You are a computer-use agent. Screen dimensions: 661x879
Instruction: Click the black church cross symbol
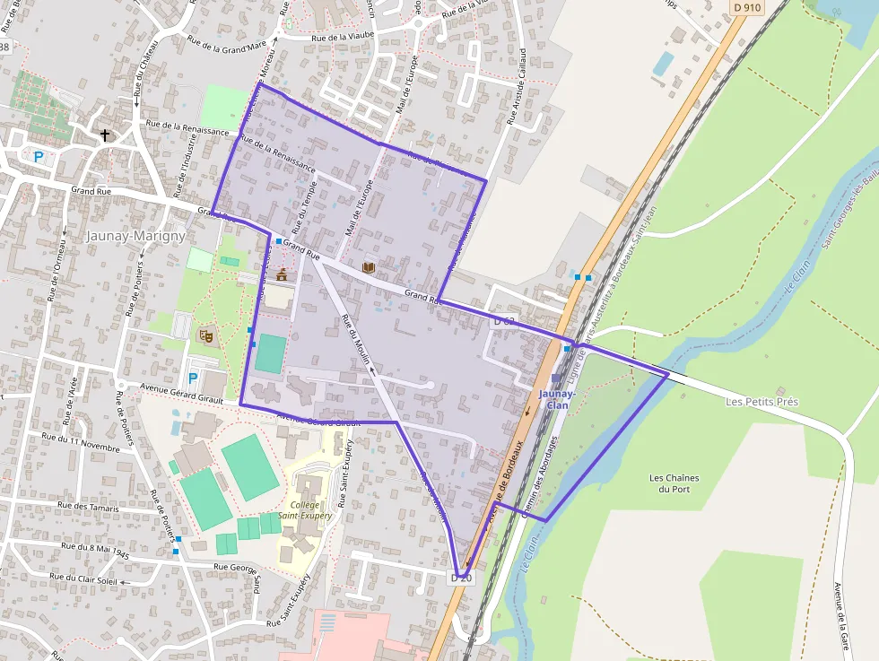(x=105, y=135)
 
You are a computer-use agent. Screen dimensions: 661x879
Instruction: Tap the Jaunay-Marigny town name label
(x=135, y=236)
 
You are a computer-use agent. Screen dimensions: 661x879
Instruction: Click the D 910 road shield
(x=746, y=7)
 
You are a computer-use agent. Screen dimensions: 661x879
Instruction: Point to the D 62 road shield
(x=504, y=320)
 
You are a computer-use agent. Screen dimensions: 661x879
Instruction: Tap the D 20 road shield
(x=460, y=578)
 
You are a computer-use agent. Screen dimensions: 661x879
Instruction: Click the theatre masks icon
(x=205, y=335)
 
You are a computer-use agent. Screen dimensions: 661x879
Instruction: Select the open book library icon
(x=367, y=267)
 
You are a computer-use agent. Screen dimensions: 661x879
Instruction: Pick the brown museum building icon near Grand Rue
(x=282, y=274)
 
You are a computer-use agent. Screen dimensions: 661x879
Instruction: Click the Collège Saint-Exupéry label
(x=305, y=510)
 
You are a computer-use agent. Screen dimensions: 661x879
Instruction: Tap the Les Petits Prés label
(x=761, y=402)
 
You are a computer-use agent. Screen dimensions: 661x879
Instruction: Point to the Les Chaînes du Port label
(x=674, y=483)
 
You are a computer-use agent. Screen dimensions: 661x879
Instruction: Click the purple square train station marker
(x=556, y=378)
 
